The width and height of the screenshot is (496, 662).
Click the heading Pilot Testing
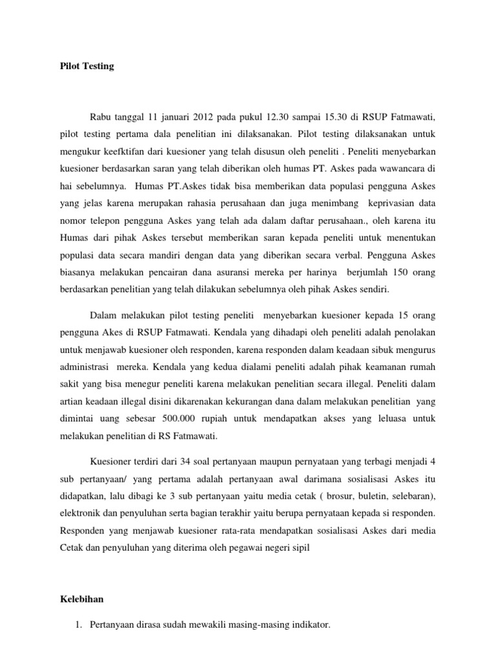coord(83,66)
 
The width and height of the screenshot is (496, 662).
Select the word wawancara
coord(403,167)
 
